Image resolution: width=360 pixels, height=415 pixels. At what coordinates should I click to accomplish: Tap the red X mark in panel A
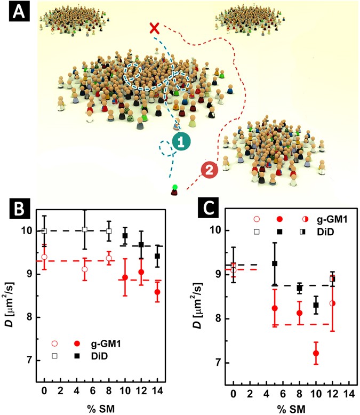coord(155,28)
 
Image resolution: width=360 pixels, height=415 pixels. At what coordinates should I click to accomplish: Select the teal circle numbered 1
coord(182,142)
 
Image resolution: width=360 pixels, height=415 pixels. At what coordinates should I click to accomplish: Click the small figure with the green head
coord(175,189)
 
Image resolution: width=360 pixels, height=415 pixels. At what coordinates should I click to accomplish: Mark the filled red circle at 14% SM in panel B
coord(157,292)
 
